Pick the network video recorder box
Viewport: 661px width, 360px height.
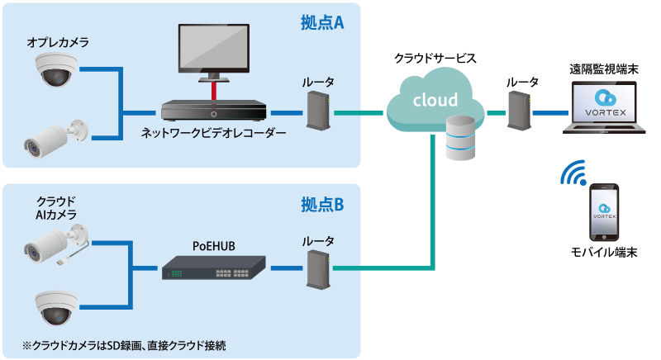(x=214, y=111)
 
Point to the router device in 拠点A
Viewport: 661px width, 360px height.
(x=318, y=110)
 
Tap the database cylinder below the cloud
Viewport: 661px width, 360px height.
(x=461, y=138)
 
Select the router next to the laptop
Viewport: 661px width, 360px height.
(x=519, y=110)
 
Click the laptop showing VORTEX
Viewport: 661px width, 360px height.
(x=603, y=107)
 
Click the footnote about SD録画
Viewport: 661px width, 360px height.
(x=124, y=343)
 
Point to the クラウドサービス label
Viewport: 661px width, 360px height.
(x=435, y=59)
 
